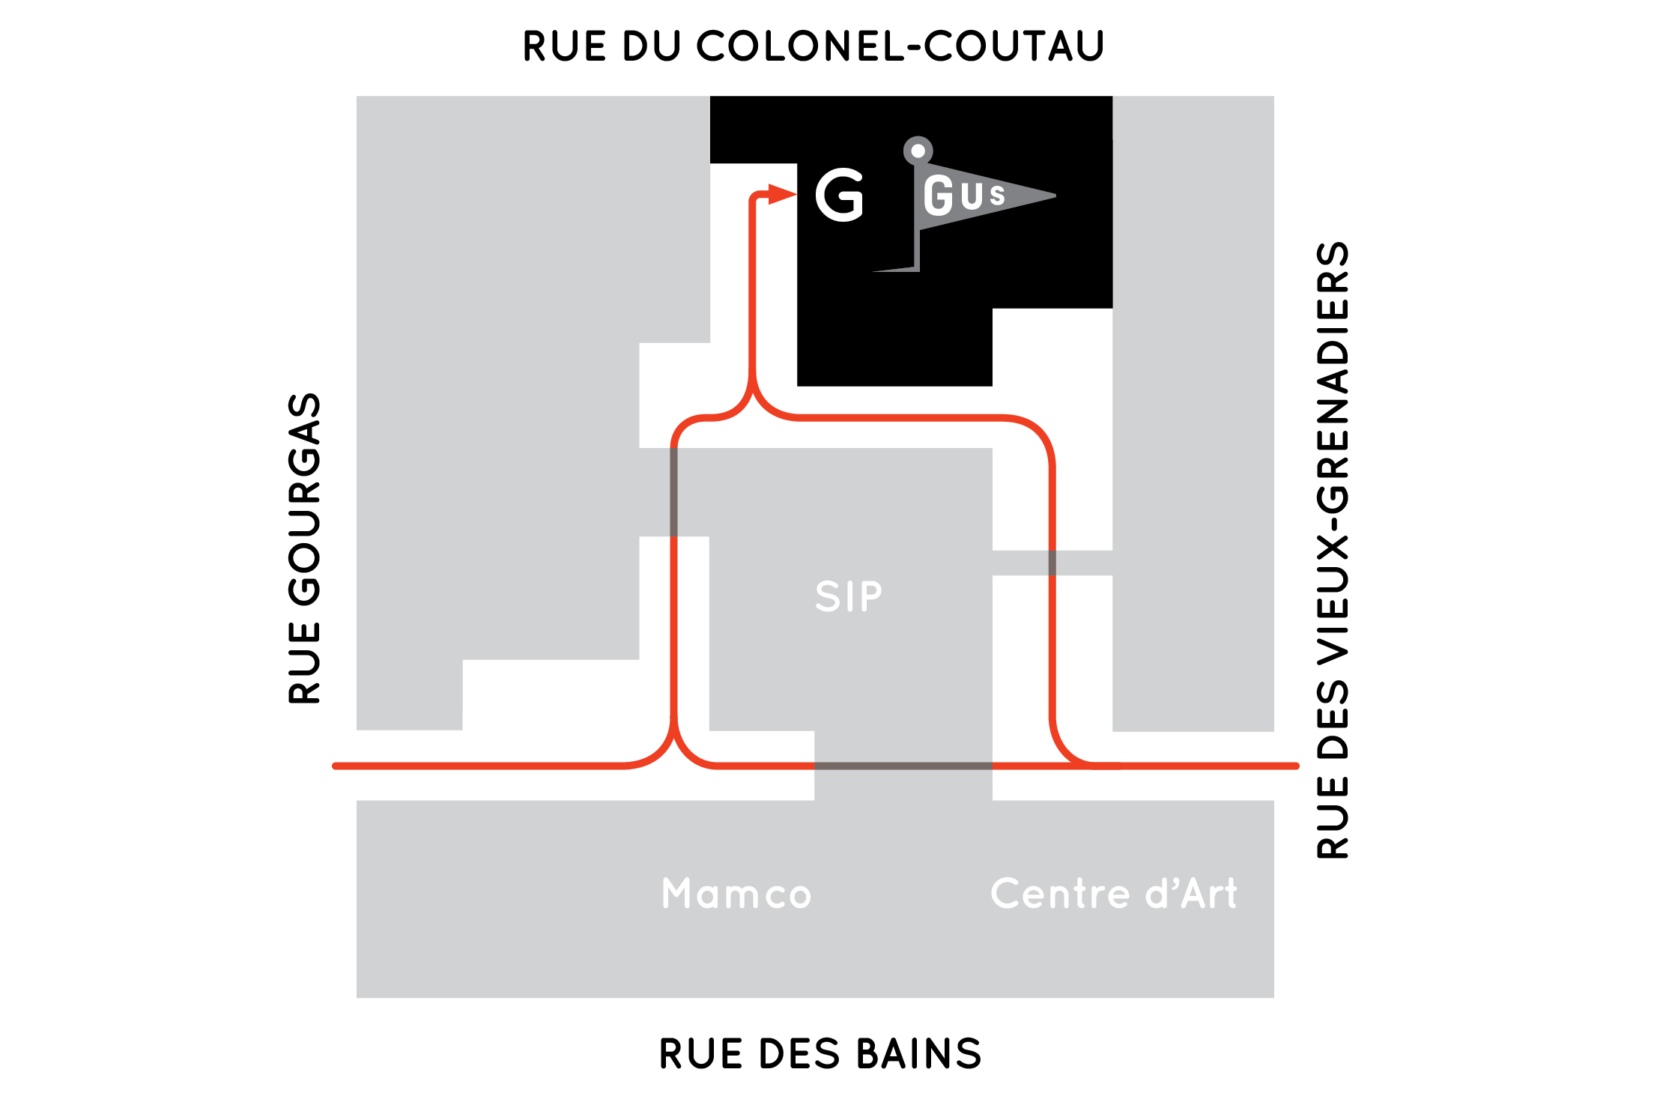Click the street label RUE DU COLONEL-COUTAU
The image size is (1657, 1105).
[814, 46]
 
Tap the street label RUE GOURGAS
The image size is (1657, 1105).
[305, 548]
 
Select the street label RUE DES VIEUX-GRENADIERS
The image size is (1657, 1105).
[1333, 549]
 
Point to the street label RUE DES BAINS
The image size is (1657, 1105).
[820, 1053]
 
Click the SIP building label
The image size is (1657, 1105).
[849, 596]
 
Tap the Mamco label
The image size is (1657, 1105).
[736, 893]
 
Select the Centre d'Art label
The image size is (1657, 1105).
[1114, 893]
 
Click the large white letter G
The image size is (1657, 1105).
[840, 195]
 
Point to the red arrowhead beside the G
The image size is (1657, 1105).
[782, 195]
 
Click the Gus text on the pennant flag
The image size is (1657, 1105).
[964, 196]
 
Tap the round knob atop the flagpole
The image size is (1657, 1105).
[918, 151]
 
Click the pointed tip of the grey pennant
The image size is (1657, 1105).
[1055, 196]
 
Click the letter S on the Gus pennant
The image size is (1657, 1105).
[997, 194]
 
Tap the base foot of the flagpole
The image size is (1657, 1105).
[896, 269]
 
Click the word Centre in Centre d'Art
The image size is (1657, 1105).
[1060, 893]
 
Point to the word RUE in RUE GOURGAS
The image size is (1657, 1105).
[305, 663]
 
